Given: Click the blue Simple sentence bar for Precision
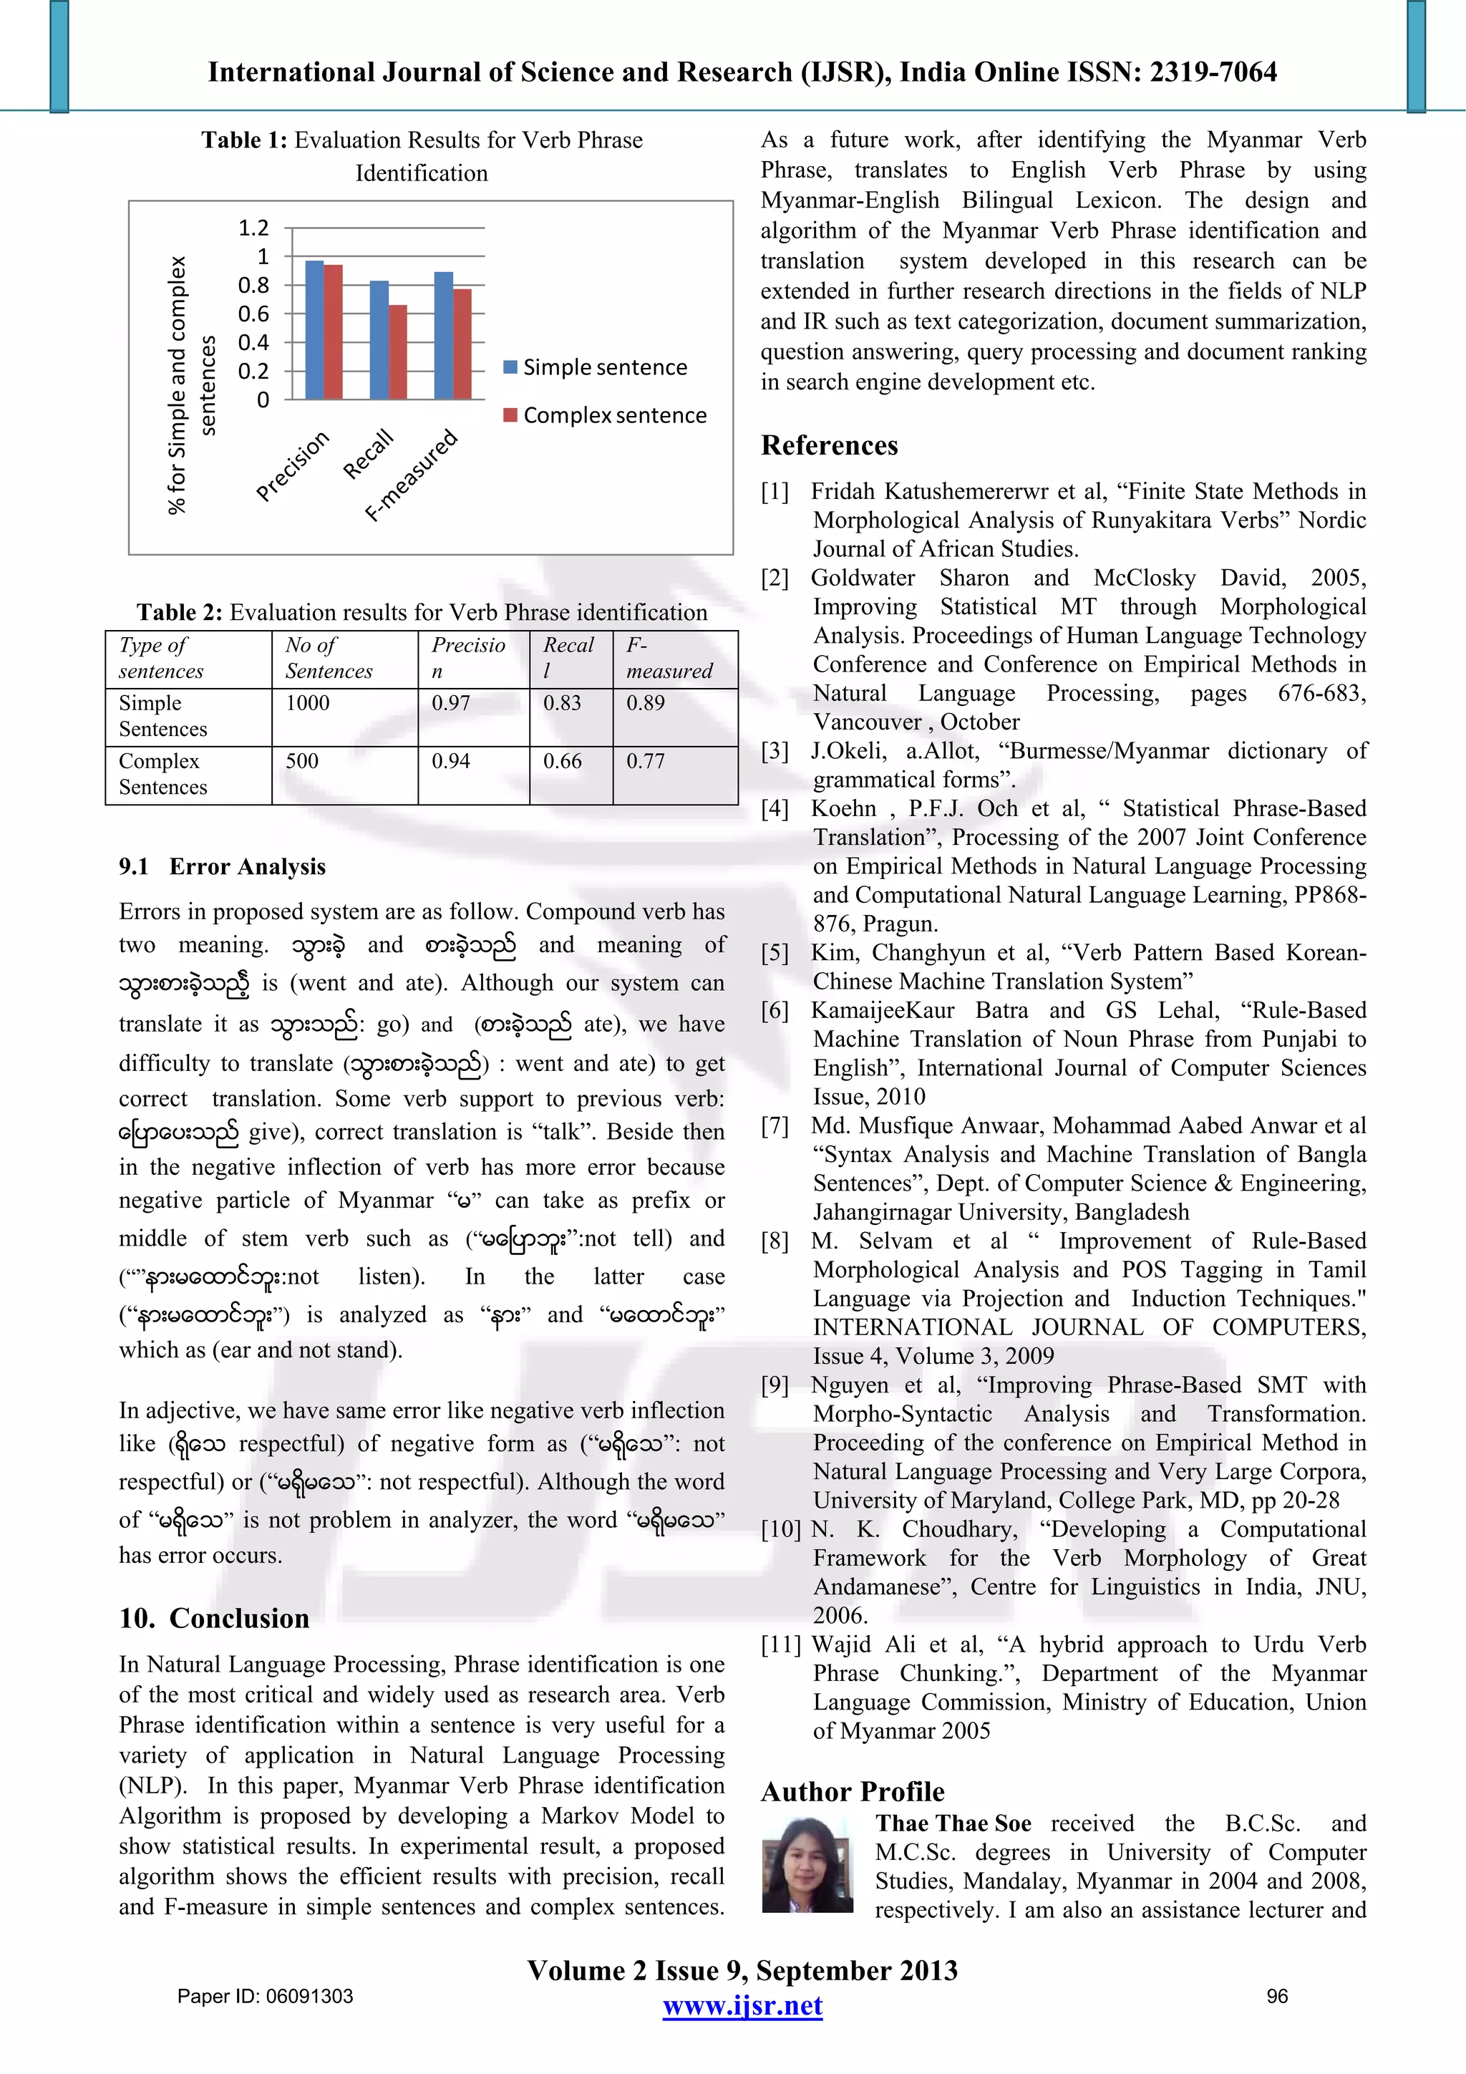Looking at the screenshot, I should pyautogui.click(x=314, y=330).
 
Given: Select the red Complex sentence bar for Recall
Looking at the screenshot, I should pyautogui.click(x=397, y=352).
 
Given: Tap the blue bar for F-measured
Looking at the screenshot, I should pyautogui.click(x=444, y=335).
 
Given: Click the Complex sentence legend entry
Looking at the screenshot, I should pyautogui.click(x=605, y=415).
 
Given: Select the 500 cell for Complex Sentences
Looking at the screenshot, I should pyautogui.click(x=301, y=762).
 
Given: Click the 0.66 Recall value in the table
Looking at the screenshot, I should pyautogui.click(x=562, y=762).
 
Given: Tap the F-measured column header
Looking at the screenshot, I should pyautogui.click(x=669, y=659).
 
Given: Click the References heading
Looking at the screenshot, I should pyautogui.click(x=829, y=445).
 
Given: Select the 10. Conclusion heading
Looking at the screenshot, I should pyautogui.click(x=214, y=1618).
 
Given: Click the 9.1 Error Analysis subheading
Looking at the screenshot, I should pyautogui.click(x=222, y=866).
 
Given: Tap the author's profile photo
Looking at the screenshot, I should pyautogui.click(x=807, y=1863).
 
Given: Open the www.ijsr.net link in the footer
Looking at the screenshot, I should pyautogui.click(x=742, y=2006).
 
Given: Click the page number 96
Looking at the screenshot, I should pyautogui.click(x=1276, y=1996).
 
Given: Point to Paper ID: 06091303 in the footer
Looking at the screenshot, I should pyautogui.click(x=265, y=1996).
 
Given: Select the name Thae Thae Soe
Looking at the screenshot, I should pyautogui.click(x=953, y=1823).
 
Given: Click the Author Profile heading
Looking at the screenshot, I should pyautogui.click(x=853, y=1791).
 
